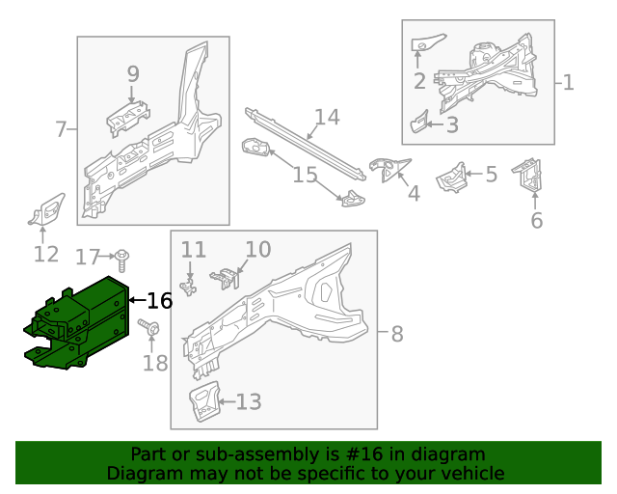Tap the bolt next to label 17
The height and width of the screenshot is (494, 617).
[122, 260]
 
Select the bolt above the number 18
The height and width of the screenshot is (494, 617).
[149, 327]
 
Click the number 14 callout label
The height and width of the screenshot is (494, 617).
[328, 117]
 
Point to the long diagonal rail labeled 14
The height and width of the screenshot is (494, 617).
[305, 144]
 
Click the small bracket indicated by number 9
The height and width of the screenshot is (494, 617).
[128, 118]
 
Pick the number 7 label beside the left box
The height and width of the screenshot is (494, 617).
[61, 129]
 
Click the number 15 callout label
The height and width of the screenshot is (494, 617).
[305, 174]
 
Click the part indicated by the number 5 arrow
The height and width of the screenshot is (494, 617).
[451, 178]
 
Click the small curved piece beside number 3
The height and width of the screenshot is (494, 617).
[418, 123]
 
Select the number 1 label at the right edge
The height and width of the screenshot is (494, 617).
[568, 83]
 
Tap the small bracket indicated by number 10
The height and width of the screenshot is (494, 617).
[226, 279]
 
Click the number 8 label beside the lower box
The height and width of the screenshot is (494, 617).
[397, 334]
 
